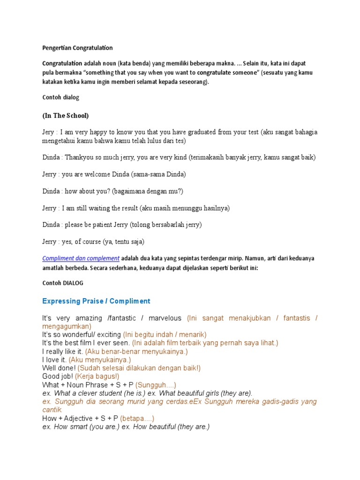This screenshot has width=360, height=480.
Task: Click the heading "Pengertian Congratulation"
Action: tap(77, 48)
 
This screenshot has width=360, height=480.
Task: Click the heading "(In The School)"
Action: tap(66, 115)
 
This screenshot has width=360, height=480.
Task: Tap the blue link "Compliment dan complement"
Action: tap(81, 258)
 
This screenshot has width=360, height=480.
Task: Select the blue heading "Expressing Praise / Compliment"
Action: tap(96, 301)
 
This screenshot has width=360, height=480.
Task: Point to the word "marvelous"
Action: tap(165, 318)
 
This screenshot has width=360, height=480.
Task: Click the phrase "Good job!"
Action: tap(58, 376)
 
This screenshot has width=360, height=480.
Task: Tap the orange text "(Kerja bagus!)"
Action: tap(97, 376)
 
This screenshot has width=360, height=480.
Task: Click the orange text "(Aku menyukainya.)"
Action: tap(100, 360)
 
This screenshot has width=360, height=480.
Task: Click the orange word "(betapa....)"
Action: tap(137, 418)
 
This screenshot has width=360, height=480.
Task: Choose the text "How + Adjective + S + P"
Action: tap(80, 418)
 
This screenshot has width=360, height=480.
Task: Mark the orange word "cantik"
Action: tap(52, 410)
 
